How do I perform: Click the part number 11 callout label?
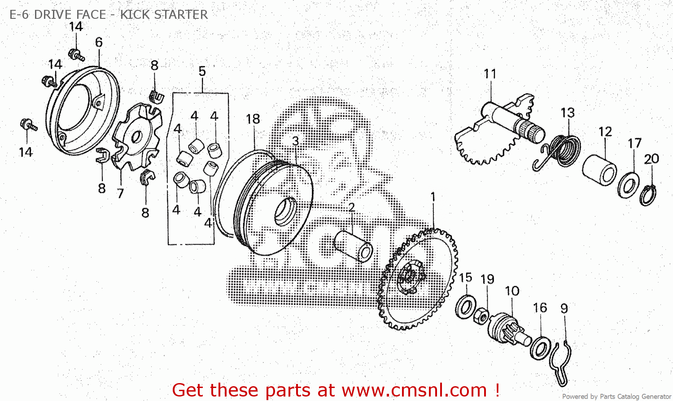[490, 74]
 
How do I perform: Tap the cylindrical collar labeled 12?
[599, 170]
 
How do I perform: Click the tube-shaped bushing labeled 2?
[353, 246]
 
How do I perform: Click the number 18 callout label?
[253, 119]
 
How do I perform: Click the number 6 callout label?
[99, 42]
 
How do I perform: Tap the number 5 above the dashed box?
[202, 71]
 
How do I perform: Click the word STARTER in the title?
[180, 14]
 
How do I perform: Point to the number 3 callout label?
[295, 141]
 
